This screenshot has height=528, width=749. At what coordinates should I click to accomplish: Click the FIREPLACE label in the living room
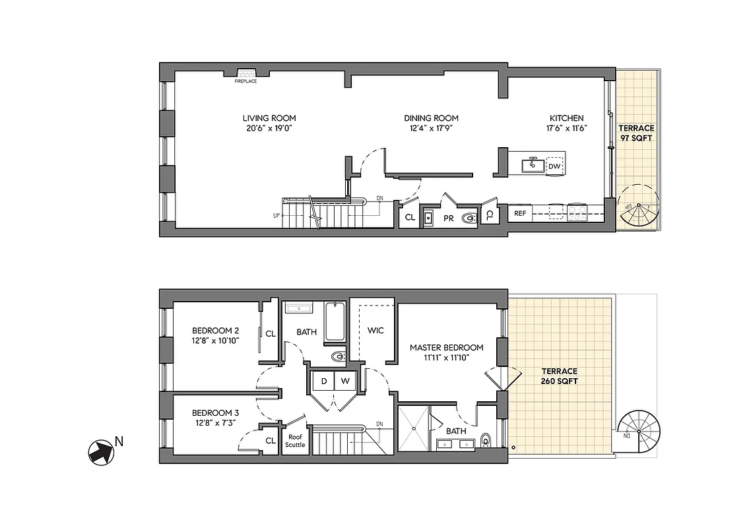pyautogui.click(x=245, y=81)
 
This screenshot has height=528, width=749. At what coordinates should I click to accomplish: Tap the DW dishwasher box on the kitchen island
pyautogui.click(x=555, y=166)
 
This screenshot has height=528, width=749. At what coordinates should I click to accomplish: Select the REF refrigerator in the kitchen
pyautogui.click(x=520, y=213)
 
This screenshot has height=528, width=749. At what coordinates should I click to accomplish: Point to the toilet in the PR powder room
pyautogui.click(x=469, y=216)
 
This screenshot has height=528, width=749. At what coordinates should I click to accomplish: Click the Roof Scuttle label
pyautogui.click(x=295, y=441)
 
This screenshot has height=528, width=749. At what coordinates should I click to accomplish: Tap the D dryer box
pyautogui.click(x=323, y=381)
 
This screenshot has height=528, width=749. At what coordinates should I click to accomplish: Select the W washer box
pyautogui.click(x=344, y=381)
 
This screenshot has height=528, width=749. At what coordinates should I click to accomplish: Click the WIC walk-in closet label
pyautogui.click(x=375, y=330)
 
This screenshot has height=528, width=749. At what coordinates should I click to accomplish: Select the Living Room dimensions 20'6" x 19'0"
pyautogui.click(x=267, y=129)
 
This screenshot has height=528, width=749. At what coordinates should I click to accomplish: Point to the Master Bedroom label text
pyautogui.click(x=446, y=347)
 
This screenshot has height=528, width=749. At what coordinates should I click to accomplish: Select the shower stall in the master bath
pyautogui.click(x=413, y=428)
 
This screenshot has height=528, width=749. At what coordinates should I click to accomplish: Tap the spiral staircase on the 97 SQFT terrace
pyautogui.click(x=638, y=206)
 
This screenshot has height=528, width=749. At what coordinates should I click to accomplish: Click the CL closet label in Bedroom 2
pyautogui.click(x=271, y=334)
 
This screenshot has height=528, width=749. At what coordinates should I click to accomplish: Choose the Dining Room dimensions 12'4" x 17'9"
pyautogui.click(x=431, y=129)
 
